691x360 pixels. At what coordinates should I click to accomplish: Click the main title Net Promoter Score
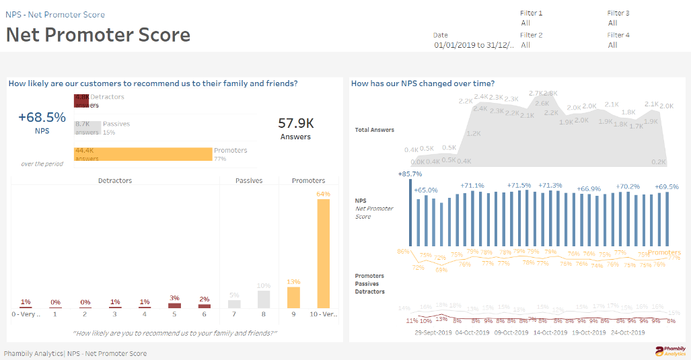pyautogui.click(x=98, y=35)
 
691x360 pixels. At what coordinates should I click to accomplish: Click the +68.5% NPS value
pyautogui.click(x=42, y=118)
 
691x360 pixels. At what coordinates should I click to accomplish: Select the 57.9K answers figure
pyautogui.click(x=295, y=123)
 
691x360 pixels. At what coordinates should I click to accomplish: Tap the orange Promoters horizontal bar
pyautogui.click(x=143, y=154)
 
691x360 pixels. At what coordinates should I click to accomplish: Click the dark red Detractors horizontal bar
pyautogui.click(x=81, y=101)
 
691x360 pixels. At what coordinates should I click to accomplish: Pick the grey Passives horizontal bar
pyautogui.click(x=87, y=128)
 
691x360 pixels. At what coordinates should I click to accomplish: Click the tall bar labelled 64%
pyautogui.click(x=324, y=253)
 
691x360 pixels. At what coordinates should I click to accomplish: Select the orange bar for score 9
pyautogui.click(x=294, y=297)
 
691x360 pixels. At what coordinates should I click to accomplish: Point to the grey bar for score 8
pyautogui.click(x=264, y=299)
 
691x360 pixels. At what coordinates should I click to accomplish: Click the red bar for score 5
pyautogui.click(x=174, y=305)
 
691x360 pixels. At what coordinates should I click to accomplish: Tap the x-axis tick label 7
pyautogui.click(x=234, y=314)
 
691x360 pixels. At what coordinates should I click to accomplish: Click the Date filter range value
pyautogui.click(x=474, y=45)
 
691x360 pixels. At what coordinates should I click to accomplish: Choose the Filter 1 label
pyautogui.click(x=531, y=13)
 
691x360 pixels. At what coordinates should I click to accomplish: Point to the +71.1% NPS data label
pyautogui.click(x=472, y=185)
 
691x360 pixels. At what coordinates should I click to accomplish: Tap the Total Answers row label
pyautogui.click(x=374, y=130)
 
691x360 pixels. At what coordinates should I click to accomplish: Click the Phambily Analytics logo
pyautogui.click(x=671, y=351)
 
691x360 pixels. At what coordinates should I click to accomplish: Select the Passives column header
pyautogui.click(x=249, y=180)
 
